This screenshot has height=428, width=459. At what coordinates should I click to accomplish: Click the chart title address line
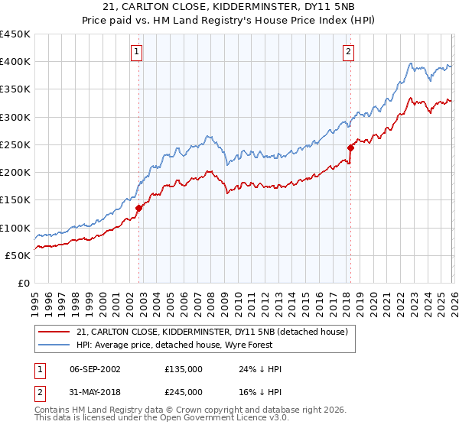click(229, 7)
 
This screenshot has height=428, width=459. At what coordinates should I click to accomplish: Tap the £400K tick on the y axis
click(15, 62)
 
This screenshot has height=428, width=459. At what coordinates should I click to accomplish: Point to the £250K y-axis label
click(15, 144)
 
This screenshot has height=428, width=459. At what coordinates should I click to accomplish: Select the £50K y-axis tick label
click(18, 255)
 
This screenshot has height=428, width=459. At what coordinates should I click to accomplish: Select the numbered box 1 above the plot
click(137, 52)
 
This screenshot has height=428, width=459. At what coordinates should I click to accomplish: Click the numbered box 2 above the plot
click(348, 52)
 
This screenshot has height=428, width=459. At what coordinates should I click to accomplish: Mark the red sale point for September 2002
click(138, 208)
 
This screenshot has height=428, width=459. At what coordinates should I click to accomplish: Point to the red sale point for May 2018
click(350, 148)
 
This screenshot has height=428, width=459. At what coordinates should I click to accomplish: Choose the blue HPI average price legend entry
click(190, 345)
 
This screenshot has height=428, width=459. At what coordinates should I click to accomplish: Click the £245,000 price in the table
click(184, 391)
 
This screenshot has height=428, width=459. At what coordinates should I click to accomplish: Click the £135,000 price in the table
click(184, 369)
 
